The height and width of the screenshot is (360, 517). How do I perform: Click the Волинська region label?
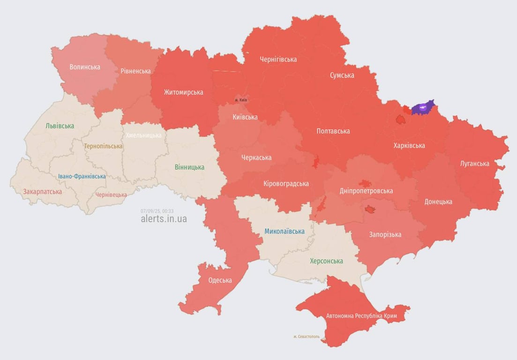85,67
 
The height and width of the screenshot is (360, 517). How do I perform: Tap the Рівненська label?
135,71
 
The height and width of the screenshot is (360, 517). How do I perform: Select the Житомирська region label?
183,92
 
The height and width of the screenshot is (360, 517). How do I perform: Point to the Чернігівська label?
278,60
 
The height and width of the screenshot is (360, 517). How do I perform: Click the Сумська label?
342,75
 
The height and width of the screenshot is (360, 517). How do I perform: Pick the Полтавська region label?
333,131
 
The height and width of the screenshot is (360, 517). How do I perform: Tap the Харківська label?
409,146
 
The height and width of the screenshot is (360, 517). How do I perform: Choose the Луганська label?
474,164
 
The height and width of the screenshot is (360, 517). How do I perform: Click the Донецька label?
438,202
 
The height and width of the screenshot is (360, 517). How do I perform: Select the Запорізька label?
385,234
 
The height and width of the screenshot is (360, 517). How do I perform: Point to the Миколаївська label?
284,231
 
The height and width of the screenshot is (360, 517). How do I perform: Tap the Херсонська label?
326,261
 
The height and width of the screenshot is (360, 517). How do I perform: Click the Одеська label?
220,280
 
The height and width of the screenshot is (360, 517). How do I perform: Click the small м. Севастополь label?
306,337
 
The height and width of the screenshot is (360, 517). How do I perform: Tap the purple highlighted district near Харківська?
423,108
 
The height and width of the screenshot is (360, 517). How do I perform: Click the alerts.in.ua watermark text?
164,218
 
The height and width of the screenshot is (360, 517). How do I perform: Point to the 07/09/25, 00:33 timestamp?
157,211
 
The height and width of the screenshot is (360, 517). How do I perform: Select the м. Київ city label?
241,100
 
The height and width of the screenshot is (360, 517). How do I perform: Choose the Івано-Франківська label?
82,176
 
